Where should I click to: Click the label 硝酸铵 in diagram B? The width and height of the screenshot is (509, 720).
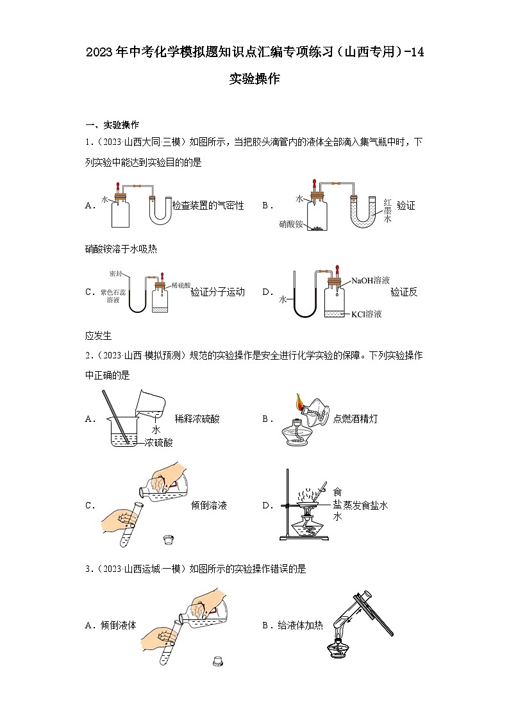coord(290,224)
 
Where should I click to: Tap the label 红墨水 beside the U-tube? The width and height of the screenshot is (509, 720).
coord(387,210)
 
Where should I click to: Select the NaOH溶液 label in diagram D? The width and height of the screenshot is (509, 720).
coord(370,280)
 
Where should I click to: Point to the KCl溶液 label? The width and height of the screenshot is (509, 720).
coord(366,314)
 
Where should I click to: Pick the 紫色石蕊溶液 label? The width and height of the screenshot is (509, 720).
coord(113,296)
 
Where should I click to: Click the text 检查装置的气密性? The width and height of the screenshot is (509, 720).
coord(208,206)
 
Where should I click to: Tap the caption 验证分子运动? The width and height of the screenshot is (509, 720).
coord(217,292)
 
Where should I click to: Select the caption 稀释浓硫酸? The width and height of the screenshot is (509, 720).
coord(197,419)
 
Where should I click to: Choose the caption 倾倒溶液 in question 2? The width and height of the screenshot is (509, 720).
coord(209,505)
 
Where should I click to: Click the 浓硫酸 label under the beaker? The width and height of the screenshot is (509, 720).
coord(158,442)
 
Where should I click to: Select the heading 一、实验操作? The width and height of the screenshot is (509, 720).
coord(112,124)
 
